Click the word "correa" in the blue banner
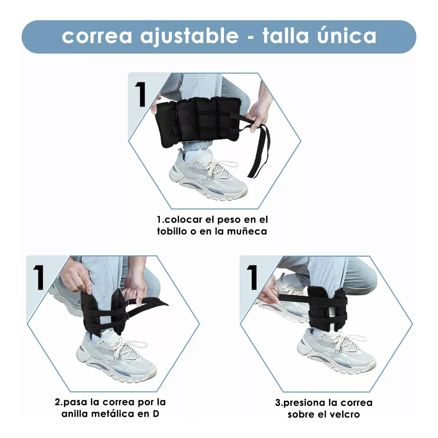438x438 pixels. (x=97, y=36)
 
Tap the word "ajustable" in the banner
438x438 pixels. (x=189, y=36)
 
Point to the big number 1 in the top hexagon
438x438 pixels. (x=141, y=94)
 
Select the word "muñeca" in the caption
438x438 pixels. (x=247, y=232)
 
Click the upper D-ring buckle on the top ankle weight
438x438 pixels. (x=173, y=115)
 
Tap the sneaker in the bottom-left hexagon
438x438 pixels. (x=116, y=358)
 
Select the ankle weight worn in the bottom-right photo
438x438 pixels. (x=327, y=308)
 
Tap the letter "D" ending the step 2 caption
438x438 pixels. (x=156, y=413)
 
